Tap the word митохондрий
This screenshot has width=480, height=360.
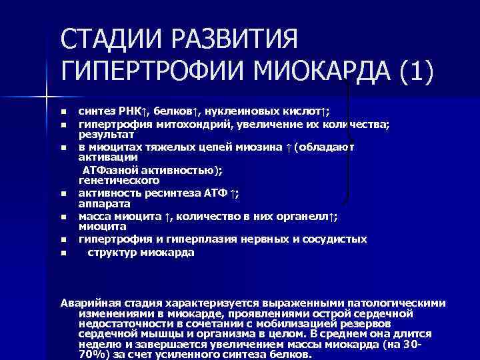197,124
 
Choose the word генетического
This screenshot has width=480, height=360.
119,180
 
